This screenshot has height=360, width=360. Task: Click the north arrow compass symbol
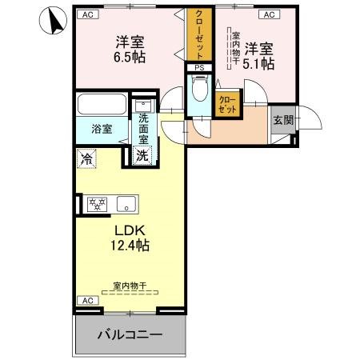tap(54, 21)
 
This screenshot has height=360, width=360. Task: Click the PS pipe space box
tap(199, 68)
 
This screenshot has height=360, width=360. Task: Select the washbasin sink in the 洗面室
tap(142, 106)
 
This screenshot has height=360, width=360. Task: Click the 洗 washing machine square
tap(141, 156)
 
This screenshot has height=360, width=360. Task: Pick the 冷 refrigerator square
tap(86, 159)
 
